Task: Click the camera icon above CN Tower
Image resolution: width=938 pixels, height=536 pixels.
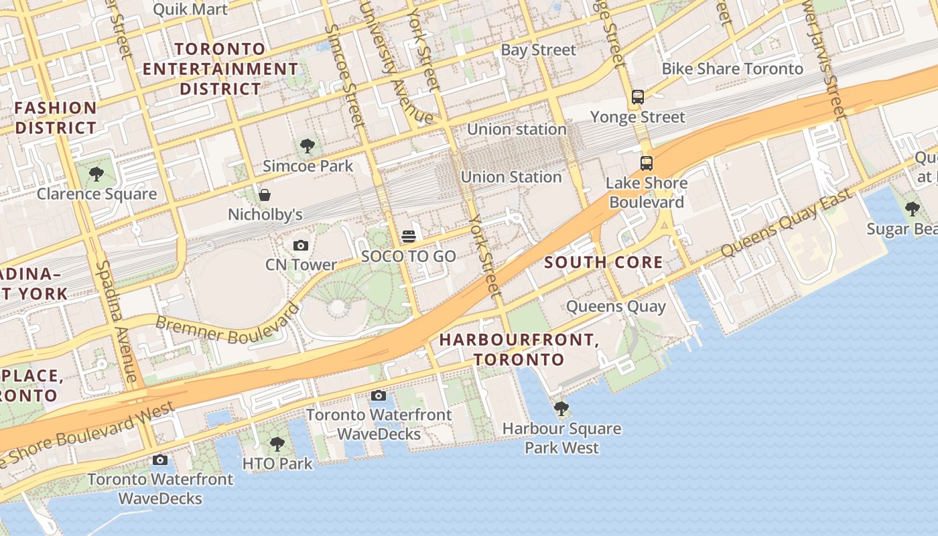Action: pos(301,246)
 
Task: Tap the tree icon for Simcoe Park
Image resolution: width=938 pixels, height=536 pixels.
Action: pos(308,146)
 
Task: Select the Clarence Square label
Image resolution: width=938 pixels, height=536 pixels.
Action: pos(96,194)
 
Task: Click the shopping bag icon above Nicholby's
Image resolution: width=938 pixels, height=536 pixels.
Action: pos(265,195)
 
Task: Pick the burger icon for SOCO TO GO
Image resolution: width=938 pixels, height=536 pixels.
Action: pos(408,237)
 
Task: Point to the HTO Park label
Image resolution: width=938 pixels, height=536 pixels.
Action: pos(277,463)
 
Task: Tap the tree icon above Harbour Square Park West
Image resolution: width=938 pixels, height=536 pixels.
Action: pos(561,408)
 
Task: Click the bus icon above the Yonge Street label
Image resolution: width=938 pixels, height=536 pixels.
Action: pos(637,97)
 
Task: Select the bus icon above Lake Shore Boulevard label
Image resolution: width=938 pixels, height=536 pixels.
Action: pos(646,163)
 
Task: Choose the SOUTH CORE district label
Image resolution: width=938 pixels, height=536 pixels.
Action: pos(604,263)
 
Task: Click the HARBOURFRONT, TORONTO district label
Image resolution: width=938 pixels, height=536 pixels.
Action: pos(519,349)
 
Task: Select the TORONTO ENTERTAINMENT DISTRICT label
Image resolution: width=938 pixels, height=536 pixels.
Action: pos(220,68)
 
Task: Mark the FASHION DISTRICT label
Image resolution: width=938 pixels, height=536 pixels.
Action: pos(56,117)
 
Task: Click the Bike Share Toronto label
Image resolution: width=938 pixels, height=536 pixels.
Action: pos(732,69)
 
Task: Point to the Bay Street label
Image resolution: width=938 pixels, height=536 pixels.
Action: pos(538,50)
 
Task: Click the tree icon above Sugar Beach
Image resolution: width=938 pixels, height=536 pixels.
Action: pos(912,209)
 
